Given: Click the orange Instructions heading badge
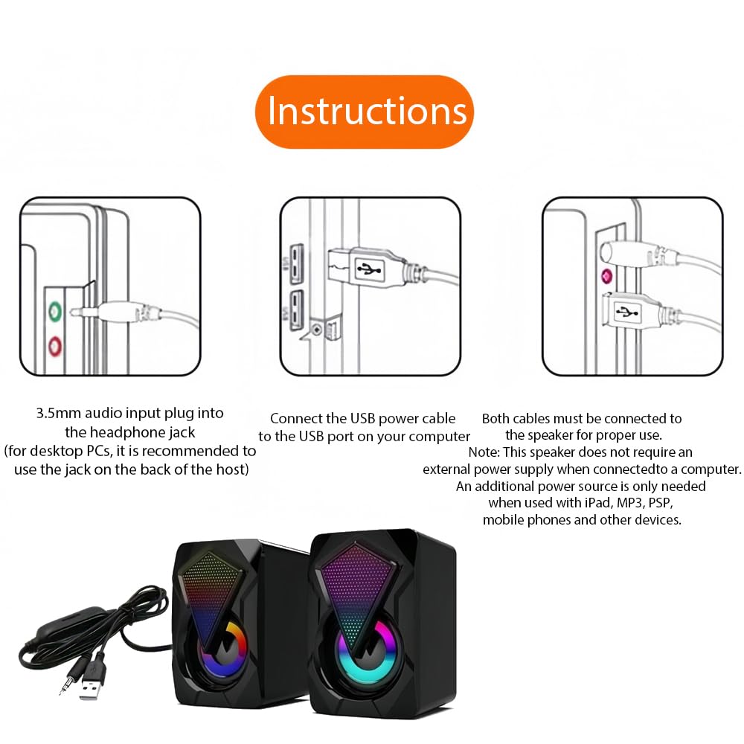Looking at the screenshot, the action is point(365,112).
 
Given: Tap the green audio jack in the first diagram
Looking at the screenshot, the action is point(56,312).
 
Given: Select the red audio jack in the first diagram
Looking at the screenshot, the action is point(56,347).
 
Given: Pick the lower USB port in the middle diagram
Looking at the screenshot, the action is point(297,310).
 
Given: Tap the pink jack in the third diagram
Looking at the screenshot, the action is point(606,276).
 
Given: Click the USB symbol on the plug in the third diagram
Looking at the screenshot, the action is point(628,312).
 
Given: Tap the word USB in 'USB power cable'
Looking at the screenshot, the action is point(362,418).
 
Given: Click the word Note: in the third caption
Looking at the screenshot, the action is point(484,452).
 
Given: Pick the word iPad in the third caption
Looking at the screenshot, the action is point(598,502).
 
